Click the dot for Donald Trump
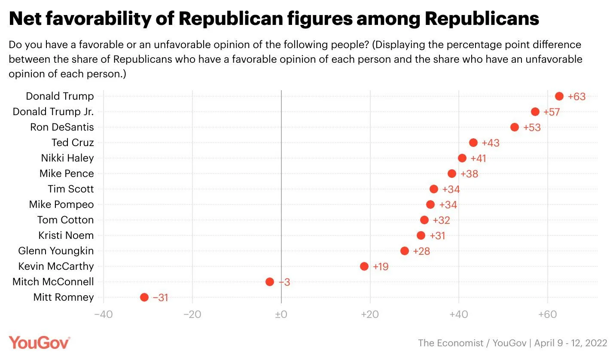click(559, 96)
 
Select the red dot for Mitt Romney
click(144, 297)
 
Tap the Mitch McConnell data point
click(270, 282)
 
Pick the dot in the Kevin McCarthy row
click(364, 266)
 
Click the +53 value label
click(532, 128)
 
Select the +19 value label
click(380, 267)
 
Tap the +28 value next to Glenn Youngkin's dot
click(421, 251)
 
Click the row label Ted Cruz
click(73, 143)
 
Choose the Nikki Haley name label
click(67, 158)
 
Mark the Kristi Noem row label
click(66, 235)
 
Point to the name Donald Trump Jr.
click(53, 112)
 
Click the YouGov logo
click(40, 343)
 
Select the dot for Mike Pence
click(452, 174)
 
